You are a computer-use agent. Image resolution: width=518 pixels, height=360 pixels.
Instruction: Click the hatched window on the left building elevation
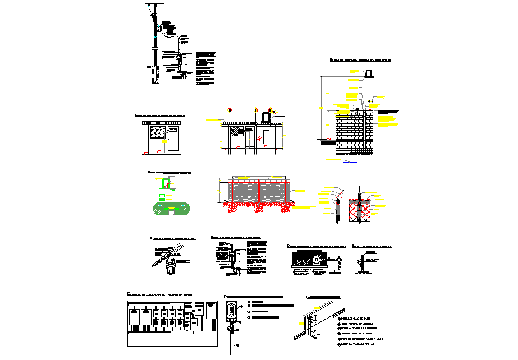[x=156, y=132]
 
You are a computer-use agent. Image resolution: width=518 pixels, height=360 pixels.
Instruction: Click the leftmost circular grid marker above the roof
[x=230, y=110]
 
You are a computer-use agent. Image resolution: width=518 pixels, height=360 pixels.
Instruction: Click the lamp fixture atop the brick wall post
[x=369, y=73]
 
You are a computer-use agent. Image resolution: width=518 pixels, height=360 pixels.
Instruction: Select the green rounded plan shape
[x=170, y=209]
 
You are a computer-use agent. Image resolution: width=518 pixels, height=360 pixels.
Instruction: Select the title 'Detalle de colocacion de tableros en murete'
[x=160, y=294]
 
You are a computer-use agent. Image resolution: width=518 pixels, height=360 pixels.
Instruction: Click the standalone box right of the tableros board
[x=211, y=311]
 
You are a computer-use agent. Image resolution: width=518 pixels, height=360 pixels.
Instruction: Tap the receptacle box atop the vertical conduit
[x=231, y=311]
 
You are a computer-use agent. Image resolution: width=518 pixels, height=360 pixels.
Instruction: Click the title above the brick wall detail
[x=359, y=59]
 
